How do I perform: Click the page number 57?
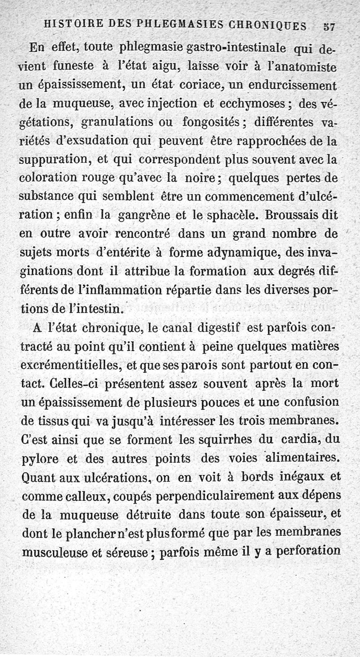click(329, 27)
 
